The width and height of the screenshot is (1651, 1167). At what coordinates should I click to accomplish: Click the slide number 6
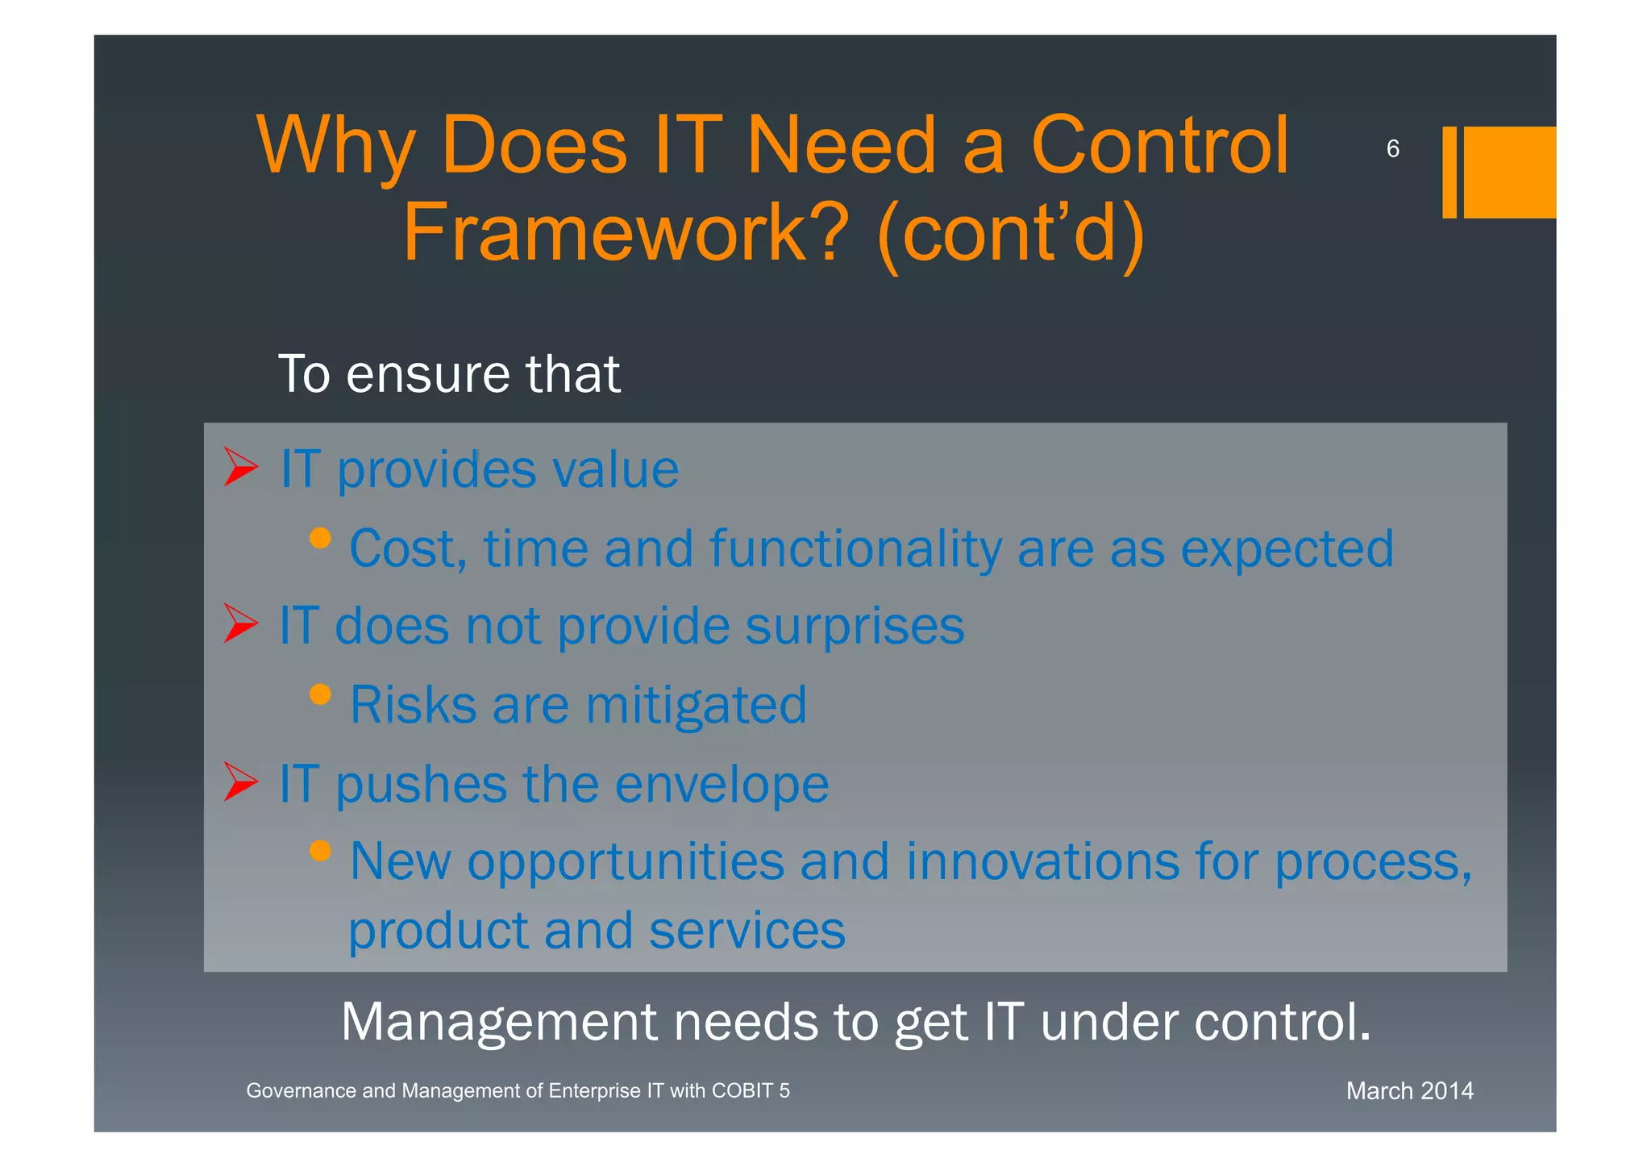(1392, 148)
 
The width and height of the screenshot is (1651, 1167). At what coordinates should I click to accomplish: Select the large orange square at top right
(1509, 172)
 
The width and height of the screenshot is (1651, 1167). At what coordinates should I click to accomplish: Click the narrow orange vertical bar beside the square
(1449, 172)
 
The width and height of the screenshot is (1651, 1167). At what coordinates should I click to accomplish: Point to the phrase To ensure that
(449, 374)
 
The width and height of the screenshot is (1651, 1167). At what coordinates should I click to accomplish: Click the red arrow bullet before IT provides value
(240, 467)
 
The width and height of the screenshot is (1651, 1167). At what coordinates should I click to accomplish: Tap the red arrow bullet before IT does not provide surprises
(240, 623)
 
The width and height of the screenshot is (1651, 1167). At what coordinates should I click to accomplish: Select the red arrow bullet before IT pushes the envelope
(240, 781)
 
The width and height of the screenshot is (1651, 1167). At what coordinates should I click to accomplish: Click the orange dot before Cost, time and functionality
(320, 538)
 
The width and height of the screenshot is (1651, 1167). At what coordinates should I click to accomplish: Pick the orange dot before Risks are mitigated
(320, 694)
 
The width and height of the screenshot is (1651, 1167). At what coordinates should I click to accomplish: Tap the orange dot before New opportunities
(320, 851)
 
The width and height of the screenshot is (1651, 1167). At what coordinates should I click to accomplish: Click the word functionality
(855, 550)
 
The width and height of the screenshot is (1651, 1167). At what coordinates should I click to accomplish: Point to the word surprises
(855, 627)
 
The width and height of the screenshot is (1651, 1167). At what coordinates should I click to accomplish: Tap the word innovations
(1042, 861)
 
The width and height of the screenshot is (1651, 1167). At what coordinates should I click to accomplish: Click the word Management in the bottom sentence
(499, 1022)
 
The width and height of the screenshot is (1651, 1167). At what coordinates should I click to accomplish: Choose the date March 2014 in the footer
(1409, 1091)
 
